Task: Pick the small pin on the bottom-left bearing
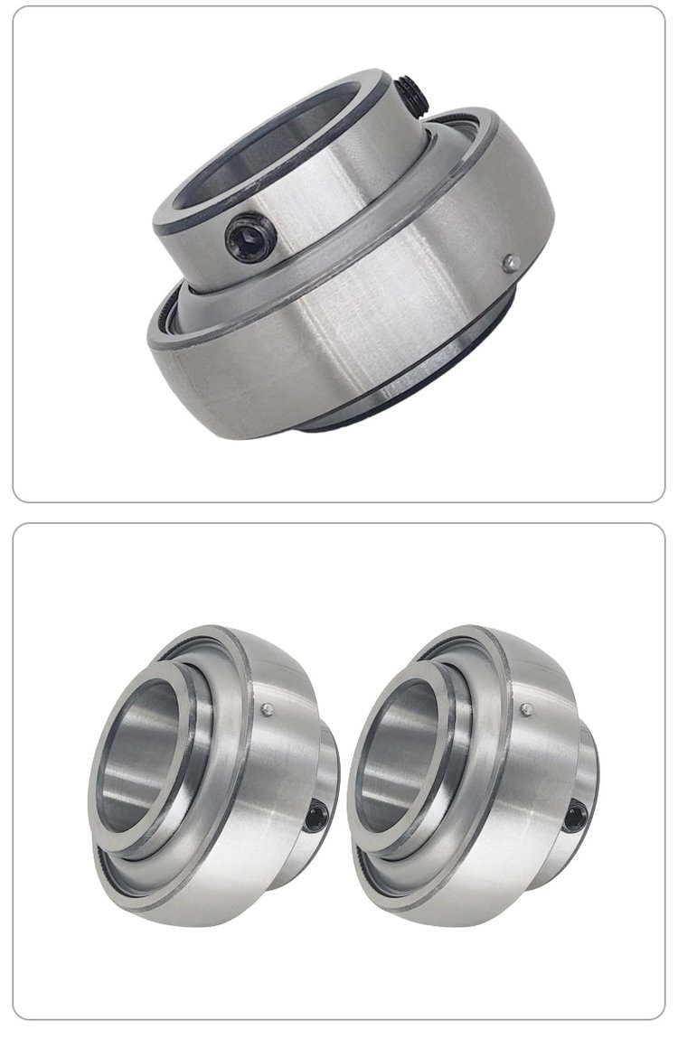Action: pyautogui.click(x=268, y=709)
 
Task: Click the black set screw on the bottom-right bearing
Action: pyautogui.click(x=573, y=819)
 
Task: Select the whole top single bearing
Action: pyautogui.click(x=353, y=253)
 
